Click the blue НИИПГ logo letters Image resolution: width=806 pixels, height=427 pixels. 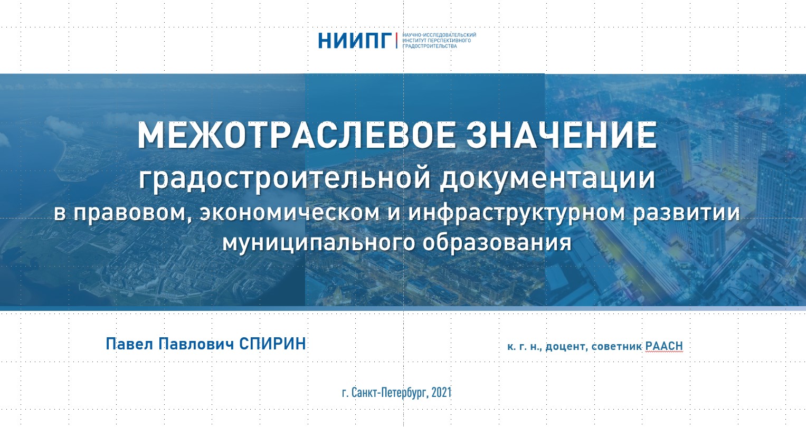click(355, 40)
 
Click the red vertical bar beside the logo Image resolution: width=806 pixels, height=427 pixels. click(396, 40)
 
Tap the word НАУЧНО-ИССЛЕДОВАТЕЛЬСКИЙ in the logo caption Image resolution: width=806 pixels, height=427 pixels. click(439, 35)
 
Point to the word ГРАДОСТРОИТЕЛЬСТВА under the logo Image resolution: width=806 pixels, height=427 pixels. click(430, 46)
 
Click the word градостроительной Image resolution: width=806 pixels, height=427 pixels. click(285, 178)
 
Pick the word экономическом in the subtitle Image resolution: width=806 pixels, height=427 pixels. click(290, 212)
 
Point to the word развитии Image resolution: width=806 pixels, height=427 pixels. click(686, 213)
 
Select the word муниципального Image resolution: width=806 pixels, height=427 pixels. click(319, 243)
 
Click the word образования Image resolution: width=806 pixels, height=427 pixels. click(497, 243)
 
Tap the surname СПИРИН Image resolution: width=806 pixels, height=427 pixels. click(272, 344)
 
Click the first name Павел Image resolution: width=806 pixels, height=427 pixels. click(128, 344)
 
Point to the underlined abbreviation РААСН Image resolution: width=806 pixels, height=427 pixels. click(664, 346)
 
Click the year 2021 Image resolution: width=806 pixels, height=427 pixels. click(441, 392)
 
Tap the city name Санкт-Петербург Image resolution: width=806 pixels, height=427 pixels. click(390, 393)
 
